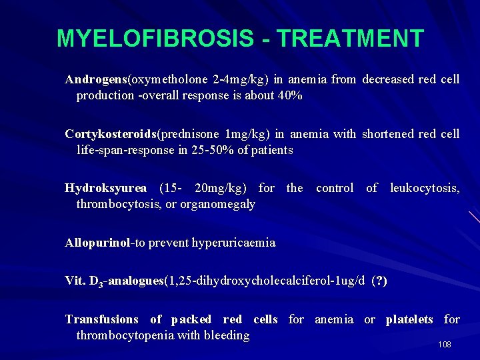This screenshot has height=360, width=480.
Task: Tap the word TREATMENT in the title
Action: pyautogui.click(x=350, y=38)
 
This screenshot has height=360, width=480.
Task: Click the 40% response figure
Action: pyautogui.click(x=291, y=95)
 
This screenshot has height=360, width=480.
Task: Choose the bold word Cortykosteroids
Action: pyautogui.click(x=110, y=134)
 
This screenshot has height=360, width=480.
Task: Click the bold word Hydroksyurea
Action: pyautogui.click(x=105, y=189)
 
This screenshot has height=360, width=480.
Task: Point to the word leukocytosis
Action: pyautogui.click(x=424, y=189)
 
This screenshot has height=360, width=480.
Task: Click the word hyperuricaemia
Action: pyautogui.click(x=233, y=243)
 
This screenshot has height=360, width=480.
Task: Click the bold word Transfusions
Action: pyautogui.click(x=101, y=320)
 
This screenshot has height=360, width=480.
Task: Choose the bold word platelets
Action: pyautogui.click(x=409, y=320)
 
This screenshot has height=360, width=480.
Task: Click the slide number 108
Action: pyautogui.click(x=445, y=344)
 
